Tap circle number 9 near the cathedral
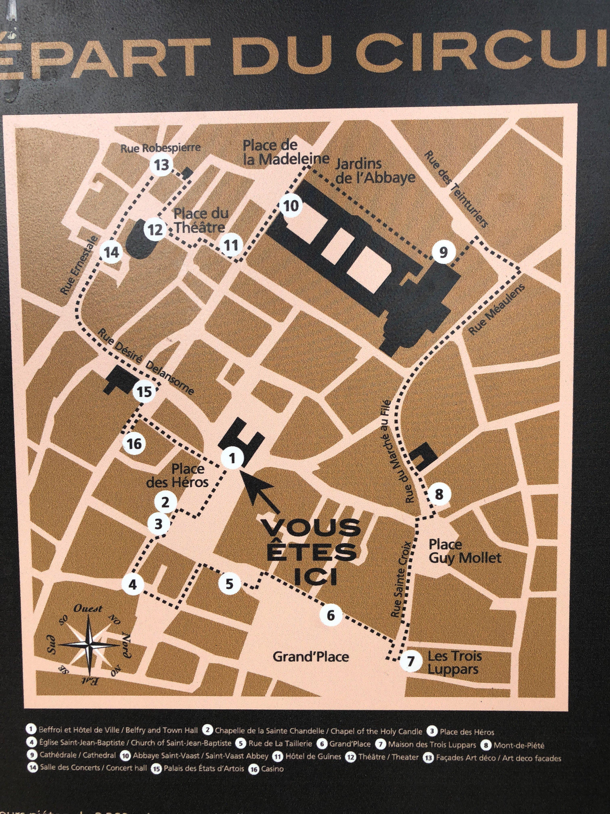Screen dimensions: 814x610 [443, 252]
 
